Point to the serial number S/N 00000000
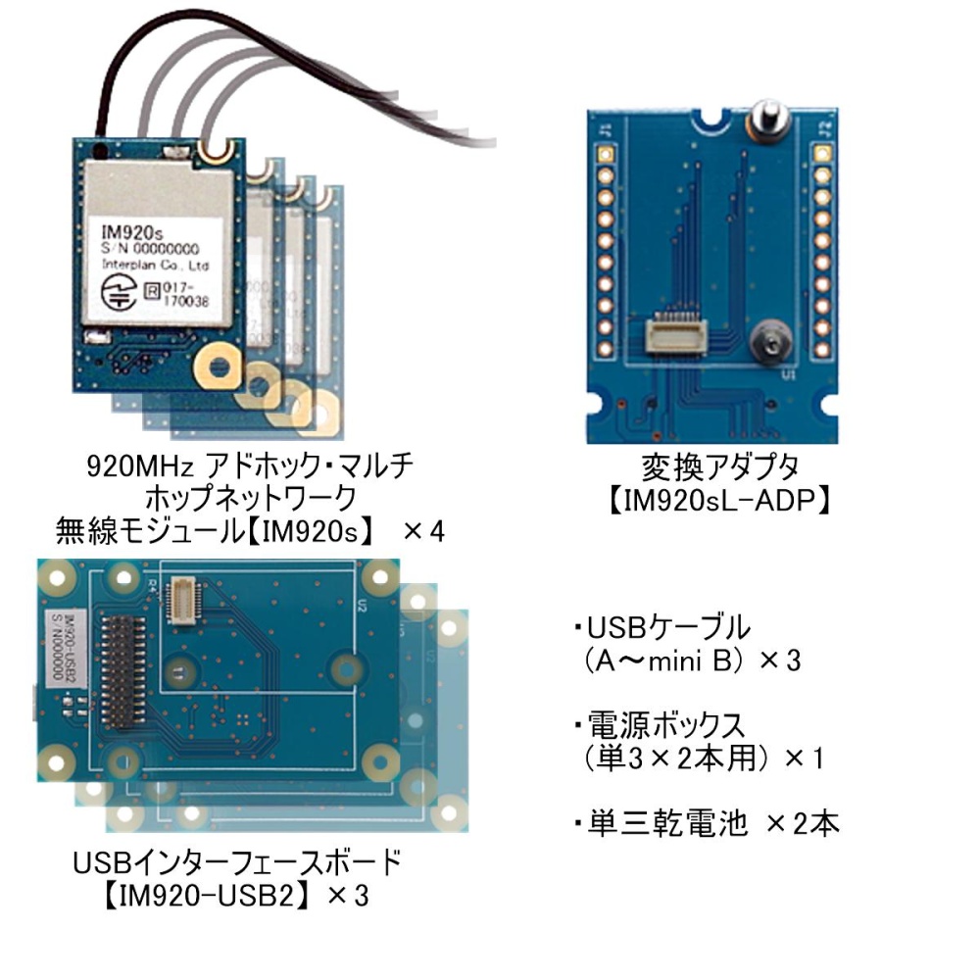[x=151, y=249]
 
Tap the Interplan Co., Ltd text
[x=156, y=266]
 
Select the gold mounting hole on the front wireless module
[x=219, y=367]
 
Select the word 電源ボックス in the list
[x=665, y=727]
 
